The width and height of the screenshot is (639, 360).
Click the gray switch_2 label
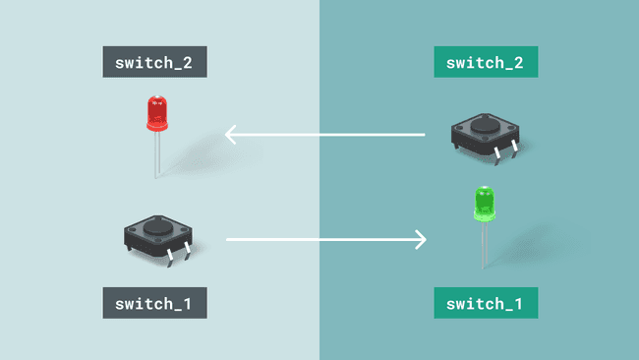coord(154,62)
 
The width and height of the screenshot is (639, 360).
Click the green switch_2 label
coord(486,62)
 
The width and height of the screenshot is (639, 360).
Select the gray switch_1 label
coord(154,302)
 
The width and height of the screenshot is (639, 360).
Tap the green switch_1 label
coord(486,302)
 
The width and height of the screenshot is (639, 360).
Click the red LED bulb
coord(156,113)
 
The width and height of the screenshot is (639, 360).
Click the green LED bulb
coord(484,204)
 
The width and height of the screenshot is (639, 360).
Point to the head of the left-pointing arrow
coord(231,134)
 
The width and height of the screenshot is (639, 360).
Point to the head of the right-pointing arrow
coord(420,239)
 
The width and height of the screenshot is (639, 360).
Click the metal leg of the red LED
coord(156,154)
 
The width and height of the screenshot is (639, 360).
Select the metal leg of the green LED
coord(484,246)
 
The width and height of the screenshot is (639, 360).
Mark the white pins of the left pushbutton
coord(176,255)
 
